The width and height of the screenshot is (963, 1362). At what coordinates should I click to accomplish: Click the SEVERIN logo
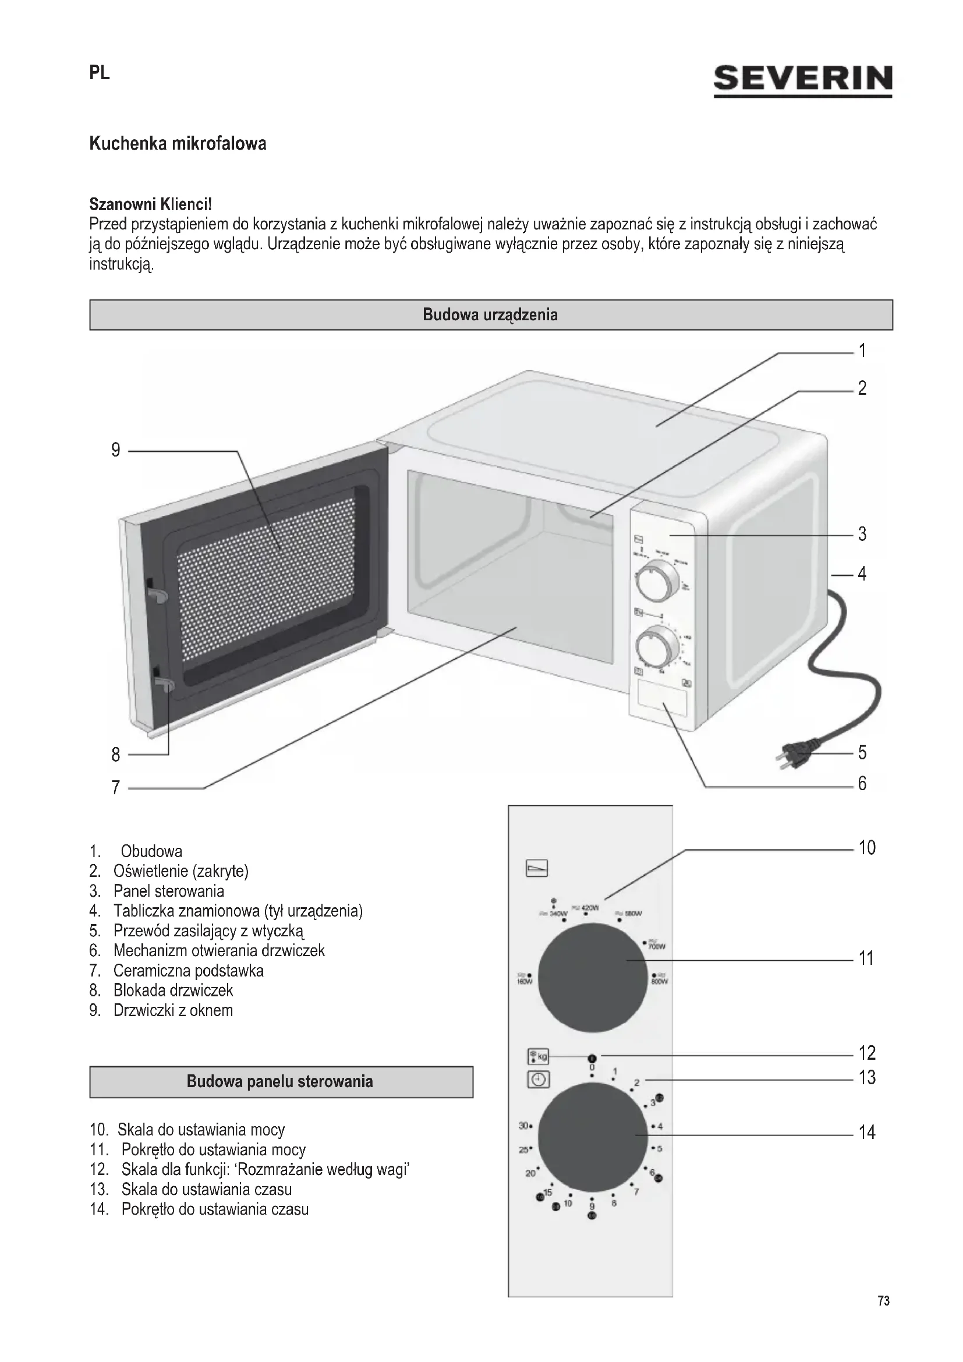pyautogui.click(x=802, y=79)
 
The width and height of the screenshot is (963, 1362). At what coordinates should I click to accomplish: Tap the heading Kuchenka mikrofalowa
pyautogui.click(x=178, y=144)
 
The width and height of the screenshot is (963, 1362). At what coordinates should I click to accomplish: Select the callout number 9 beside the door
pyautogui.click(x=116, y=450)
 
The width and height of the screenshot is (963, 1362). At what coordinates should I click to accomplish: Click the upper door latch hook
pyautogui.click(x=157, y=595)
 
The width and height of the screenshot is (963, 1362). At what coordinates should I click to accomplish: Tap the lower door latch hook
pyautogui.click(x=164, y=686)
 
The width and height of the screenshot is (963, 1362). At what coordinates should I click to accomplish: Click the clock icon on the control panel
pyautogui.click(x=538, y=1080)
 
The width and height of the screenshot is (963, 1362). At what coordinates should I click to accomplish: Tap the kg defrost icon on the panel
pyautogui.click(x=538, y=1056)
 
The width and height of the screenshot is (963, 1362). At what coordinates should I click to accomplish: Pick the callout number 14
pyautogui.click(x=867, y=1133)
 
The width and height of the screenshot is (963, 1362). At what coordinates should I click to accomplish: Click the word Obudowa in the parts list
pyautogui.click(x=151, y=851)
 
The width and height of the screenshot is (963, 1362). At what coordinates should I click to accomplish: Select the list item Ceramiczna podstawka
pyautogui.click(x=188, y=971)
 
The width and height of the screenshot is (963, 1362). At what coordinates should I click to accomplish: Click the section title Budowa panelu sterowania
pyautogui.click(x=280, y=1081)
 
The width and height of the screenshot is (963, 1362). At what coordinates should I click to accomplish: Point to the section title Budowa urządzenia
pyautogui.click(x=490, y=314)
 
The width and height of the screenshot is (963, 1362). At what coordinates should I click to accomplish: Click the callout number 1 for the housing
pyautogui.click(x=863, y=351)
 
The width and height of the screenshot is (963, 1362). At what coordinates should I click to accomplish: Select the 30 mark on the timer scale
pyautogui.click(x=523, y=1126)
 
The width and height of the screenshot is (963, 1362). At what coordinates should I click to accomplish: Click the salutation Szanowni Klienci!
pyautogui.click(x=150, y=204)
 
